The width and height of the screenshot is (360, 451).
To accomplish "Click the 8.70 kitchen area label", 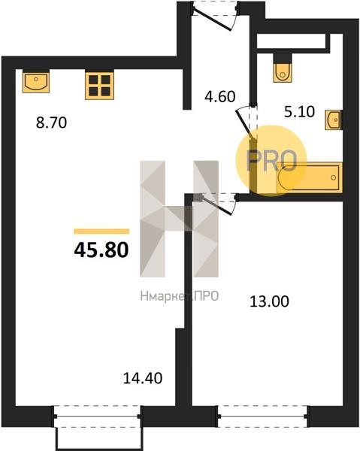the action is pos(51,123).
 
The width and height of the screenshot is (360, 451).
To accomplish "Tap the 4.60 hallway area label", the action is pos(220,97).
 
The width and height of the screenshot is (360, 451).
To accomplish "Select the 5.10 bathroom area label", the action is pos(299,111).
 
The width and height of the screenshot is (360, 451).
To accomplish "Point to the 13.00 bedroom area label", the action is pos(269,301).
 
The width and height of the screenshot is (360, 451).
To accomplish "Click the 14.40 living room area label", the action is pos(143,378).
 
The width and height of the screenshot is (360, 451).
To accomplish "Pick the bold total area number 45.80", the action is pos(101,250).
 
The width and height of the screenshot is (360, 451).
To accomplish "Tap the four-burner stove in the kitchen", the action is pos(99,86).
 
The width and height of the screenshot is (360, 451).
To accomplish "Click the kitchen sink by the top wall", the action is pos(36,81).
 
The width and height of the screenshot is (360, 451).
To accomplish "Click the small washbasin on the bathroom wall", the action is pos(334,120).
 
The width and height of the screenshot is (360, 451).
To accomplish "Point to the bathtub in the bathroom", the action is pos(310,177).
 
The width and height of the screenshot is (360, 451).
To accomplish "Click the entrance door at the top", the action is pos(214,17).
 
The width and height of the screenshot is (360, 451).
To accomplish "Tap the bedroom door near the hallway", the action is pos(218,204).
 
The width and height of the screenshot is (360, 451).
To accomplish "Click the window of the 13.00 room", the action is pos(263,416).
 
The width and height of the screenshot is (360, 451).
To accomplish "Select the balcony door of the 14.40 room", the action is pos(97,416).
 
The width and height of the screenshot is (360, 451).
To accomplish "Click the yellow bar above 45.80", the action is pos(101,232).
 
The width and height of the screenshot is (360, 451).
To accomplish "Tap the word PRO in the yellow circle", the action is pos(272,161).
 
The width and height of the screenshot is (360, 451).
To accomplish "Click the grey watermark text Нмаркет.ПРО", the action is pos(180,296).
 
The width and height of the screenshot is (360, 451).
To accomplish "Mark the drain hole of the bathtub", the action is pos(334,177).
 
